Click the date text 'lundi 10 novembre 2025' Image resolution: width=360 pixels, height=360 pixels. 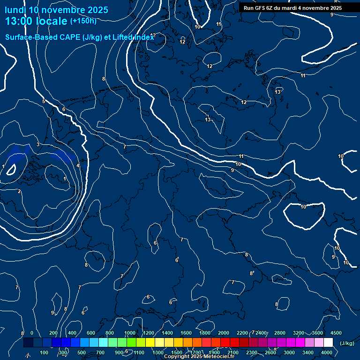(56, 10)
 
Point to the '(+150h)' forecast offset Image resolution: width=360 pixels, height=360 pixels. (83, 21)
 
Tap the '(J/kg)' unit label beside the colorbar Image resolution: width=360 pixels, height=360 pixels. (346, 344)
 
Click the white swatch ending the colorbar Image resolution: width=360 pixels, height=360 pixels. (328, 343)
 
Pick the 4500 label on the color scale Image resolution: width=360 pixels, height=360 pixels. (336, 333)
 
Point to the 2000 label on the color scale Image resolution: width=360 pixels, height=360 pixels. (224, 333)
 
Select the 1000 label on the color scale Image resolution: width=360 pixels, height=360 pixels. (130, 333)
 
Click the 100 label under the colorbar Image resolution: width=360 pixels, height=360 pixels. (44, 352)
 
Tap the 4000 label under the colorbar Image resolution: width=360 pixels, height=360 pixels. (327, 352)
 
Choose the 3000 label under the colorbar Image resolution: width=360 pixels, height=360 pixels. (289, 352)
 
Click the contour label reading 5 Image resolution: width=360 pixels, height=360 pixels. (44, 101)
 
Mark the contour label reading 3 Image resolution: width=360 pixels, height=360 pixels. (38, 144)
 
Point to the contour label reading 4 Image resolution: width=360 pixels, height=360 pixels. (78, 165)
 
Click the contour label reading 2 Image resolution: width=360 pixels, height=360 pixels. (19, 191)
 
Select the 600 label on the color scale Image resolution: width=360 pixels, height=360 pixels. (91, 333)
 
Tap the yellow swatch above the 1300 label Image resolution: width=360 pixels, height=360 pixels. (159, 343)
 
